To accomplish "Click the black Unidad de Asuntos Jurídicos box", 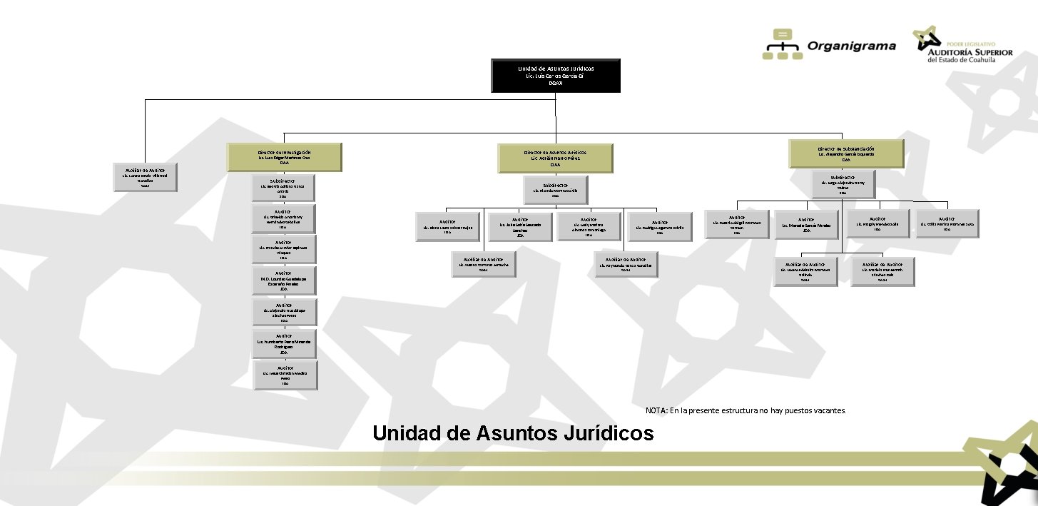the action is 556,76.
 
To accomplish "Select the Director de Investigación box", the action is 284,158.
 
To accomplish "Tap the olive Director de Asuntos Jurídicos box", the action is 556,158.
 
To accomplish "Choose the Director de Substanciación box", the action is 846,153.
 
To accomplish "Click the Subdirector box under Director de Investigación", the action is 284,188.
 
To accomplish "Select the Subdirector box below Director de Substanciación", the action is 843,184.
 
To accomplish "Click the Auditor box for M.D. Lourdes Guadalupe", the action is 284,280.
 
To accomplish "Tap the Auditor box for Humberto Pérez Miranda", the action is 284,343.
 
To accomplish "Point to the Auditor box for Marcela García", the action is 807,224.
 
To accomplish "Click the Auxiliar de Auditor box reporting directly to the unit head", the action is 145,177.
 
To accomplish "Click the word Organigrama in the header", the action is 851,46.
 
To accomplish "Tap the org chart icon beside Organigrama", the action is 782,44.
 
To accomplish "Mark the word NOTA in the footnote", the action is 656,411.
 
